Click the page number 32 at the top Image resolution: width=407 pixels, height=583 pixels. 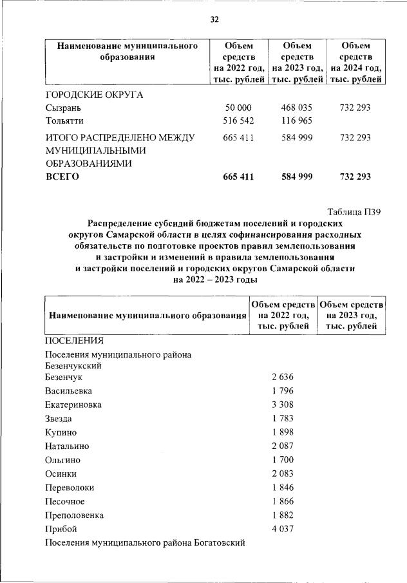(x=215, y=19)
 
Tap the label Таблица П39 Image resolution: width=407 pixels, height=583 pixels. (x=355, y=213)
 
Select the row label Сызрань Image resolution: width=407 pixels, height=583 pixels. (x=62, y=108)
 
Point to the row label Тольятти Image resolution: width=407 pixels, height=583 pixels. (x=64, y=120)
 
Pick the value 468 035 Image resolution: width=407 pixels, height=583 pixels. (x=297, y=108)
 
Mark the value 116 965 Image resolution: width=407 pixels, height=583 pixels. (x=297, y=120)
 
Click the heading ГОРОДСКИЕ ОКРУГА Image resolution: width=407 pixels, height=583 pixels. (x=93, y=95)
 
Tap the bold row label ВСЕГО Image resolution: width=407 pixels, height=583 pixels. (x=62, y=177)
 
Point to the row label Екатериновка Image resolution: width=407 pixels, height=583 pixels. (x=73, y=405)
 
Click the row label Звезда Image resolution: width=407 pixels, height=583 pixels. (x=59, y=419)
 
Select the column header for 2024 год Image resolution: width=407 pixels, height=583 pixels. (x=355, y=62)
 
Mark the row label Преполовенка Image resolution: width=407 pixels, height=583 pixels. (x=74, y=515)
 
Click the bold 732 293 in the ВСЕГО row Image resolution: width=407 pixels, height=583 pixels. (x=355, y=177)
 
